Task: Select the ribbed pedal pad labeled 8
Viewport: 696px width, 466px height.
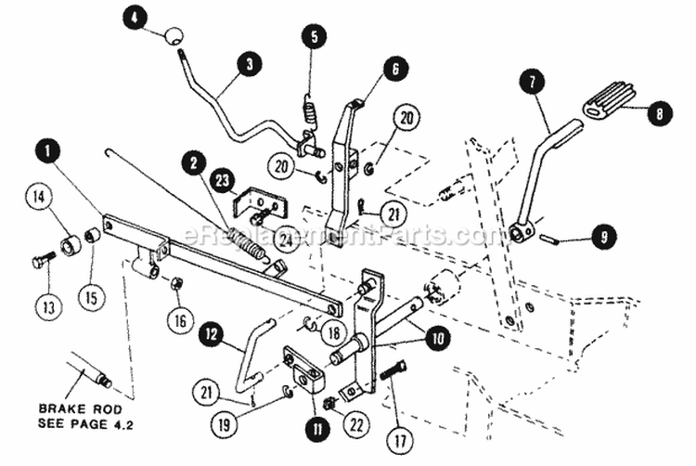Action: point(610,99)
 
